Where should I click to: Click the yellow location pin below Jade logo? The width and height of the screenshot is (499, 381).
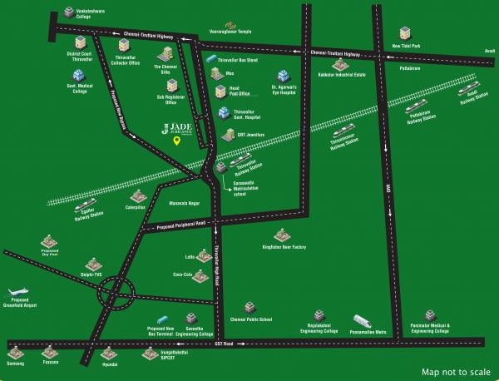pyautogui.click(x=176, y=140)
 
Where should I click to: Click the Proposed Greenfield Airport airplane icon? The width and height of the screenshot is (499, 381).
pyautogui.click(x=17, y=294)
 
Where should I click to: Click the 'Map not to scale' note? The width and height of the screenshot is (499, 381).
pyautogui.click(x=455, y=372)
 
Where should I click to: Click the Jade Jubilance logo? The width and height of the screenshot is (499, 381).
pyautogui.click(x=177, y=127)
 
